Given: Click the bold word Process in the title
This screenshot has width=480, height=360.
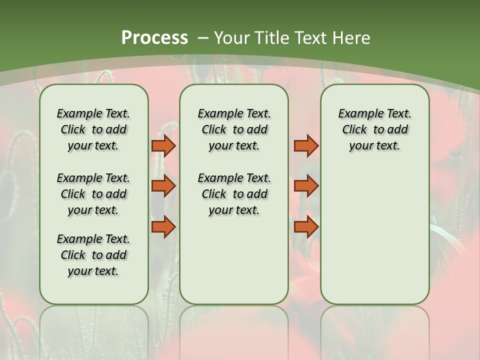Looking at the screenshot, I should [154, 38].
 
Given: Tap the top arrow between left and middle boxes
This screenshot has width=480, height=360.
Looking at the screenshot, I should [163, 145].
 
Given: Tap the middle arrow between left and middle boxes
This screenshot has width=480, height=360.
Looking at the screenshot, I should [163, 186].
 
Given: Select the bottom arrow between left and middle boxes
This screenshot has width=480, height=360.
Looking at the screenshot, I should [163, 226].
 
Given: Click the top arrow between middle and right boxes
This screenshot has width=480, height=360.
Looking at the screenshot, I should [306, 145].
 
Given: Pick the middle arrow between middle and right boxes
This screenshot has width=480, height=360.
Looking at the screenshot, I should [306, 186].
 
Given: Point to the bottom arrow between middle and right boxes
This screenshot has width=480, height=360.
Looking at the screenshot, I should [306, 226].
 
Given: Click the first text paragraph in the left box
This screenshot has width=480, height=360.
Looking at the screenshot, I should [93, 129].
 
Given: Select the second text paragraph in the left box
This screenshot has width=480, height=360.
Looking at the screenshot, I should [93, 194].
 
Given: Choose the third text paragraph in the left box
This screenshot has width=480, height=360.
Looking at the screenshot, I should [93, 255].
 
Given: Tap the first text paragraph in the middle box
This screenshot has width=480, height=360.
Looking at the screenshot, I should [234, 129].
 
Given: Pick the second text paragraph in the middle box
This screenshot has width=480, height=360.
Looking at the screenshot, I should [234, 194].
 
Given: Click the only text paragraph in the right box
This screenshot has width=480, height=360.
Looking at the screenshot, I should [374, 129].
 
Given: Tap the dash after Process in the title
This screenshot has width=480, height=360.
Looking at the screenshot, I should [203, 38].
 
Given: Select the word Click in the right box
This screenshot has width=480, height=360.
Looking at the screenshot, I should [354, 130].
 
